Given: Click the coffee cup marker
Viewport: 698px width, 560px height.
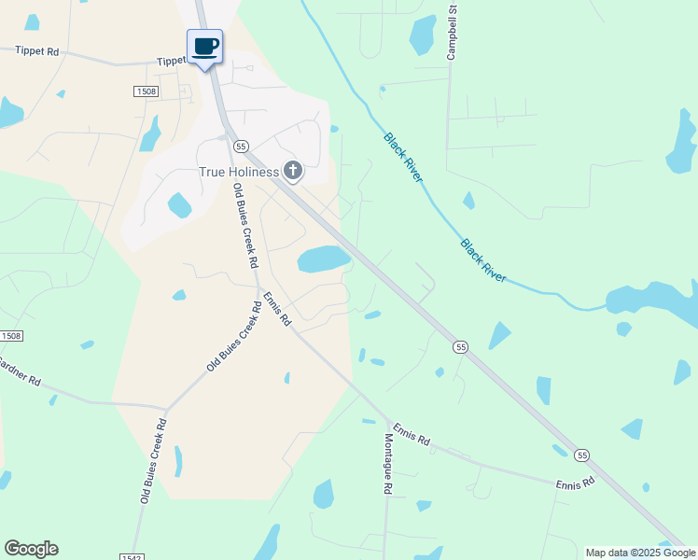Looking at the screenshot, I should click(x=205, y=47).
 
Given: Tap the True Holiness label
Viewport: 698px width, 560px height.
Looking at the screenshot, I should click(x=240, y=172).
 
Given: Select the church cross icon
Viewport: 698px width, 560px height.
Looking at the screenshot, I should click(x=293, y=171).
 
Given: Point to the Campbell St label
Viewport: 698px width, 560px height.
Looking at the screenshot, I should click(x=452, y=34).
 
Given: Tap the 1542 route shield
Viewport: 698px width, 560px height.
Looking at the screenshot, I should click(x=130, y=556).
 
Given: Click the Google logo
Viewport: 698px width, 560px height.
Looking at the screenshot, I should click(x=31, y=549).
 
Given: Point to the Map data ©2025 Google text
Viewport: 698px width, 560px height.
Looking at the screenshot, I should click(x=641, y=553).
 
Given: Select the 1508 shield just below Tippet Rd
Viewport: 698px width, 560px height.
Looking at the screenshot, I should click(x=145, y=91).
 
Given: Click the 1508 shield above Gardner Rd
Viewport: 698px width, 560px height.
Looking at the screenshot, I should click(x=10, y=335).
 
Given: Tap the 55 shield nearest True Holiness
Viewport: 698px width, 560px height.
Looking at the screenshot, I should click(x=241, y=147).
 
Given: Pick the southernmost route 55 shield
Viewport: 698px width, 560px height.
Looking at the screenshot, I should click(x=582, y=455).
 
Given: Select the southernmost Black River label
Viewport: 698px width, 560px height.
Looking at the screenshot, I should click(x=482, y=260).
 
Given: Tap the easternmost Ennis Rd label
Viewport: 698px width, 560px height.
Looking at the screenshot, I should click(x=575, y=483).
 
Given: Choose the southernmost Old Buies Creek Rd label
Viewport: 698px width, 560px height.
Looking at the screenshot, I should click(x=154, y=461).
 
